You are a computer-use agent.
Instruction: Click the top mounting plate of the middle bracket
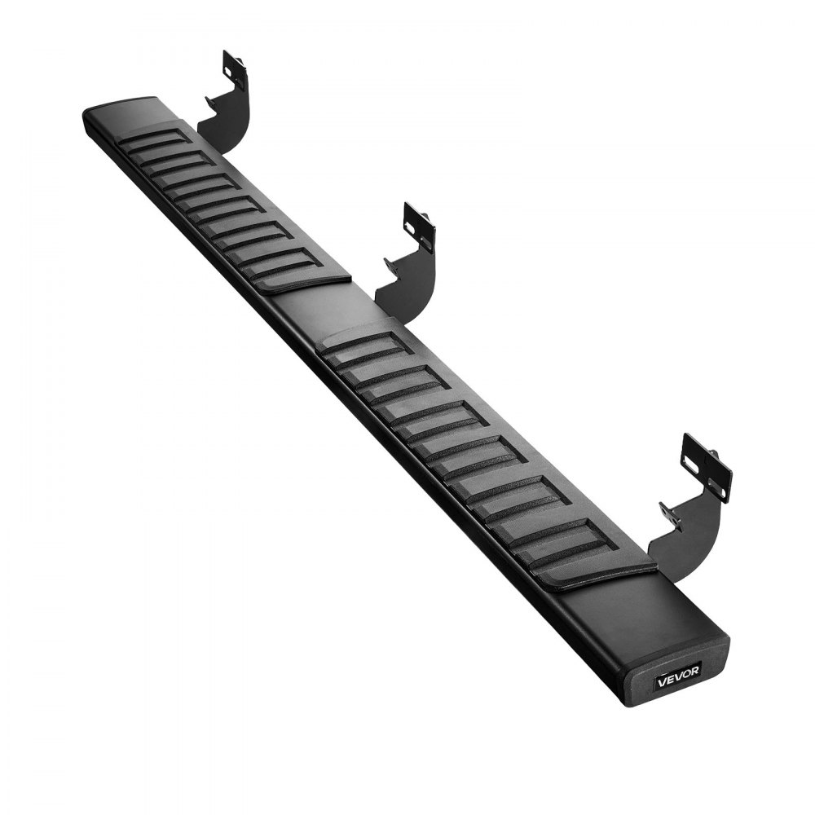tap(418, 227)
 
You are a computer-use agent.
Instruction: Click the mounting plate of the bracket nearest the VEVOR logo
tap(706, 467)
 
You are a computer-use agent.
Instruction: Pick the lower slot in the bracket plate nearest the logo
tap(717, 488)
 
